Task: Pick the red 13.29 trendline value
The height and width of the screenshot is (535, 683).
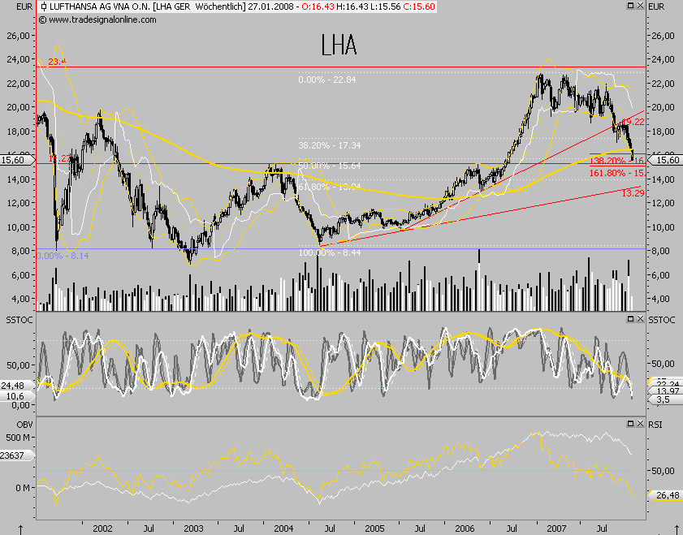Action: click(633, 193)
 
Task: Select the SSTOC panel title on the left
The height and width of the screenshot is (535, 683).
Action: click(17, 322)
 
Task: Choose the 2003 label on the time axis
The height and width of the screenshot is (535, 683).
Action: click(192, 528)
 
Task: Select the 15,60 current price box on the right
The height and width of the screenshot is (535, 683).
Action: click(666, 161)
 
